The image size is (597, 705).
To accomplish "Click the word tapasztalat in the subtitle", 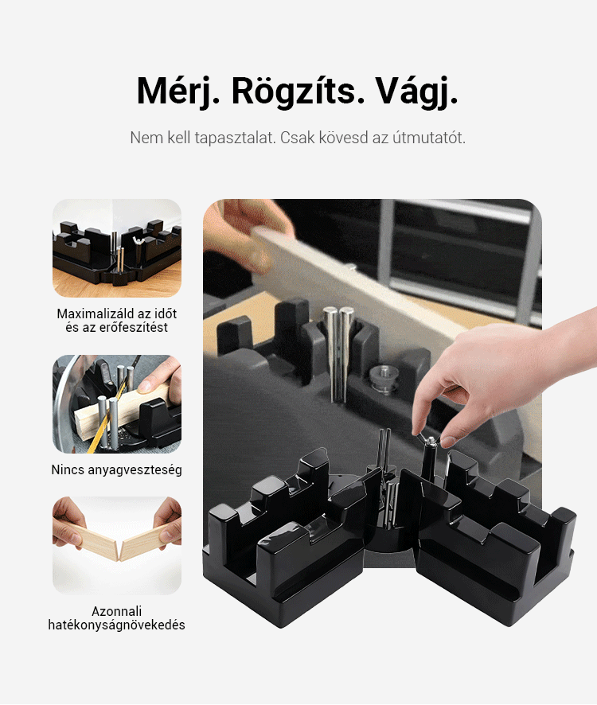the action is pyautogui.click(x=234, y=138).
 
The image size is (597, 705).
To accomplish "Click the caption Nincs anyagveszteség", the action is pyautogui.click(x=116, y=469).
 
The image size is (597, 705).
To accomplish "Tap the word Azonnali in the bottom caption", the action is pyautogui.click(x=116, y=611).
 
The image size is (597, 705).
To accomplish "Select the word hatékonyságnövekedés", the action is pyautogui.click(x=116, y=625).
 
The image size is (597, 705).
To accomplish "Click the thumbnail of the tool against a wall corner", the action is pyautogui.click(x=117, y=247).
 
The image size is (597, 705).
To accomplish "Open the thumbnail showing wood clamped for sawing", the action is pyautogui.click(x=117, y=403).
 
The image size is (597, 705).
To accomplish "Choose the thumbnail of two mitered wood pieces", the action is pyautogui.click(x=117, y=545).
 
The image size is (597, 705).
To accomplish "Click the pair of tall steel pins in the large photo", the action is pyautogui.click(x=339, y=354).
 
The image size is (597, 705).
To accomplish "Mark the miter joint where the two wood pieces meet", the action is pyautogui.click(x=119, y=551).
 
